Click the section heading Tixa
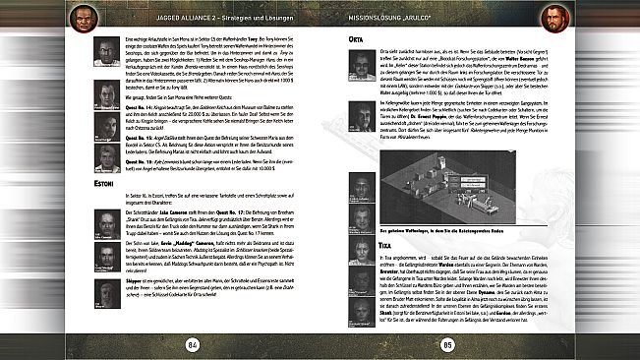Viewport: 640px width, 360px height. pyautogui.click(x=356, y=242)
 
